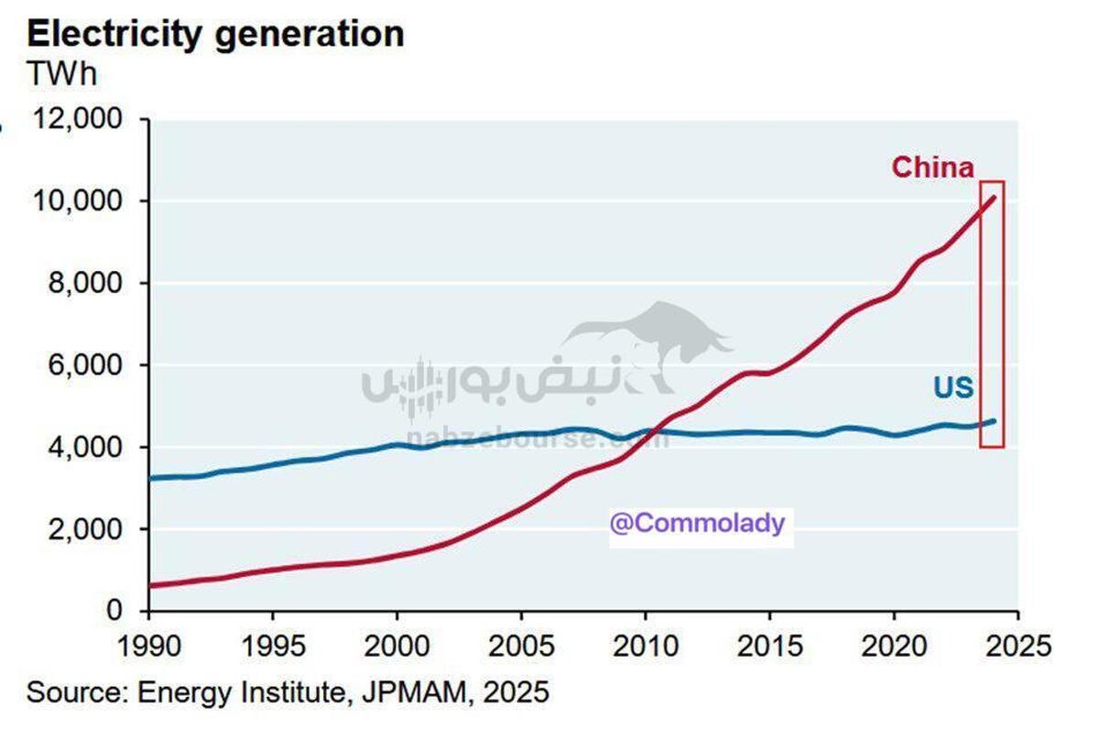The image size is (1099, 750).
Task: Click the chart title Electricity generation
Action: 215,34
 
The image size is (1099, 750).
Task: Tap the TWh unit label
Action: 61,74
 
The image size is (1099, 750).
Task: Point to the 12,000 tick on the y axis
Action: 79,119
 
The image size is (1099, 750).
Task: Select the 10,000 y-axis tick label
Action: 79,201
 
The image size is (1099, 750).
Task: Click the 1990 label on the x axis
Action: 147,645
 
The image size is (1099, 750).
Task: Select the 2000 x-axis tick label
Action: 396,645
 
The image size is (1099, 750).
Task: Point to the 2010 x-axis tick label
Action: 645,645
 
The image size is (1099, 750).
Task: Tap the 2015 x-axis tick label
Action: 769,645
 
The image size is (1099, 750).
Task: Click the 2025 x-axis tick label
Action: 1017,645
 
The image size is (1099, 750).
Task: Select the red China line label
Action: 932,168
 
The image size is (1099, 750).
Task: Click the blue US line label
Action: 953,388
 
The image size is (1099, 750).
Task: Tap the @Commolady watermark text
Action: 697,523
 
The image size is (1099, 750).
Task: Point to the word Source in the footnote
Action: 73,691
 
